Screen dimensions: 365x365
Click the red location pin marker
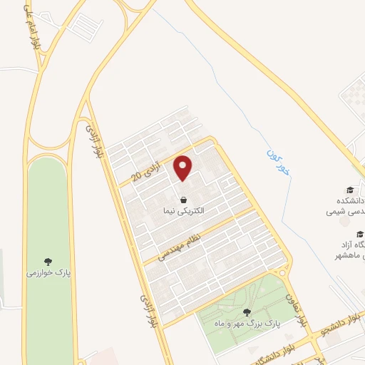coord(184,168)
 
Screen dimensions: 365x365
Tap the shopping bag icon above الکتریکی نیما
coord(184,200)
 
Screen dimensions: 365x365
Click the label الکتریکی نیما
coord(183,212)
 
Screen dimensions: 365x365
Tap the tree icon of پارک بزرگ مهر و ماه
coord(247,312)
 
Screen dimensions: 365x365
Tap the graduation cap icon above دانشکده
coord(350,190)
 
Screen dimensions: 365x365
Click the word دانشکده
coord(345,201)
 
